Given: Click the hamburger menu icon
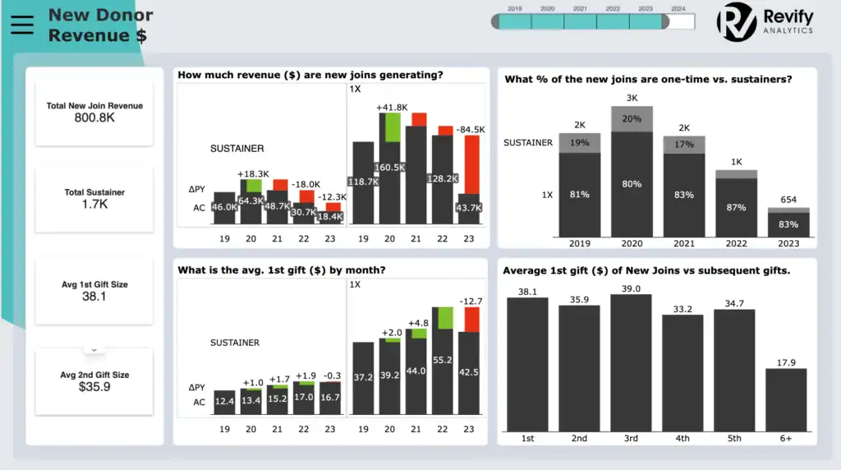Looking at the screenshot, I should [x=22, y=25].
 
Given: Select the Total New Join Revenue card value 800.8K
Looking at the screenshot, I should [x=94, y=118].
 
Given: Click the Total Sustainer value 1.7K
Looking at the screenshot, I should [x=94, y=205].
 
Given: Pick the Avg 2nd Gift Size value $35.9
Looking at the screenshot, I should [x=94, y=387].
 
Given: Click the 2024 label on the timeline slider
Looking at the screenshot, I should [x=678, y=8].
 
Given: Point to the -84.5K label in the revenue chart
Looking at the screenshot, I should [x=471, y=129].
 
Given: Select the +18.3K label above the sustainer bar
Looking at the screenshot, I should [x=252, y=174].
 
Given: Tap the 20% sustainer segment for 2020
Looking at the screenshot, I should [x=632, y=118].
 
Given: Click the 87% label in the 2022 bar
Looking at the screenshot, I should [x=735, y=208].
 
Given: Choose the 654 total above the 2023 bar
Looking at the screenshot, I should [x=788, y=200].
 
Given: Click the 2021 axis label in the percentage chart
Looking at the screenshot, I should [x=683, y=243].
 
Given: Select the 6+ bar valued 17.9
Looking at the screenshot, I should [x=786, y=399].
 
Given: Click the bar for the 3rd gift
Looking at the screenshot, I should [x=631, y=362].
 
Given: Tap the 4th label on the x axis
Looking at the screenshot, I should [x=682, y=438].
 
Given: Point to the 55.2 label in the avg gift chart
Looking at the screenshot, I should [x=443, y=360].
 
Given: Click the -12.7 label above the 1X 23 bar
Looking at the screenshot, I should [x=471, y=302].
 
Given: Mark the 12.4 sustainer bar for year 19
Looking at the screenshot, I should [x=224, y=401].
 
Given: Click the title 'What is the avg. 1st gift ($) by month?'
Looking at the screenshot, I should [x=282, y=270].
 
